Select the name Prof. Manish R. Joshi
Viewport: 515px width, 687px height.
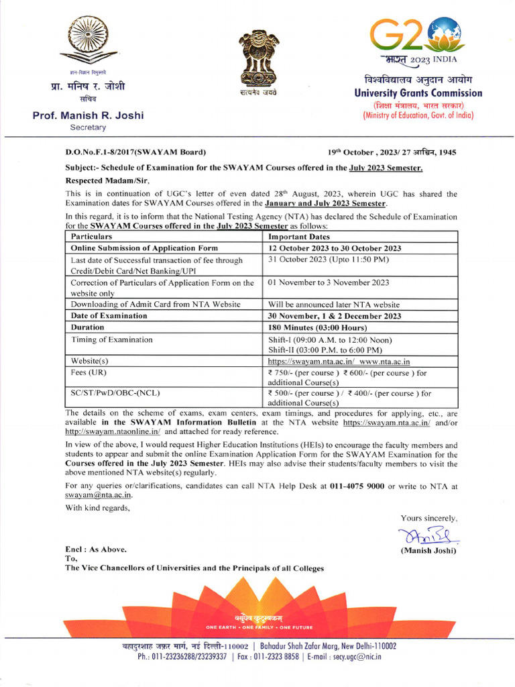coord(89,115)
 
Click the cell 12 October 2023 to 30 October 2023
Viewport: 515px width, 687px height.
coord(335,248)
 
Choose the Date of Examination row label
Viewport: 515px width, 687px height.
coord(109,315)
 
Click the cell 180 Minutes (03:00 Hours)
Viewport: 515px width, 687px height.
coord(317,327)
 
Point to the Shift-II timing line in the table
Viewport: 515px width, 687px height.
coord(325,350)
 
